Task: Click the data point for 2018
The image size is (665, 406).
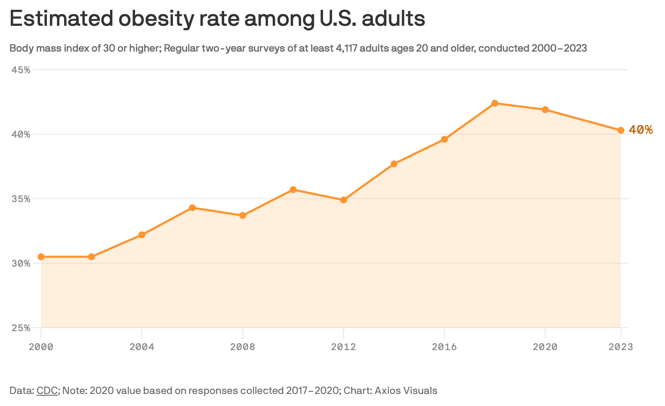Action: (495, 103)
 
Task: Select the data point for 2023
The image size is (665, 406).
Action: (621, 130)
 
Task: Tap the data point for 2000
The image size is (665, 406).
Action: (41, 257)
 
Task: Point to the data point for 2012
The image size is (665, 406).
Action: (343, 200)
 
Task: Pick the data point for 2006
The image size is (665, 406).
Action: (192, 208)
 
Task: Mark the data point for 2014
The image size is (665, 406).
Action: (394, 164)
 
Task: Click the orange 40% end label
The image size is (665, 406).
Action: (640, 130)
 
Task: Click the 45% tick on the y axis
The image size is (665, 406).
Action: (20, 70)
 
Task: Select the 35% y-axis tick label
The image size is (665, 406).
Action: (20, 199)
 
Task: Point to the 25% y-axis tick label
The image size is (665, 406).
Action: (20, 328)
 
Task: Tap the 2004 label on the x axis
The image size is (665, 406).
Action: (142, 347)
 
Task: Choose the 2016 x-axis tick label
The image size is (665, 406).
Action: (444, 347)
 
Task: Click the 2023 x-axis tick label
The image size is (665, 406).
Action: (621, 347)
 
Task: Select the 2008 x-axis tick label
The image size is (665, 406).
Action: (243, 347)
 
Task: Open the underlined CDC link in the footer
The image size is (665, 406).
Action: (47, 391)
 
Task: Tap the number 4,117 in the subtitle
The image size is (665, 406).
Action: (346, 48)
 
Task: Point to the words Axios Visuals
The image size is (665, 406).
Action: (406, 391)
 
